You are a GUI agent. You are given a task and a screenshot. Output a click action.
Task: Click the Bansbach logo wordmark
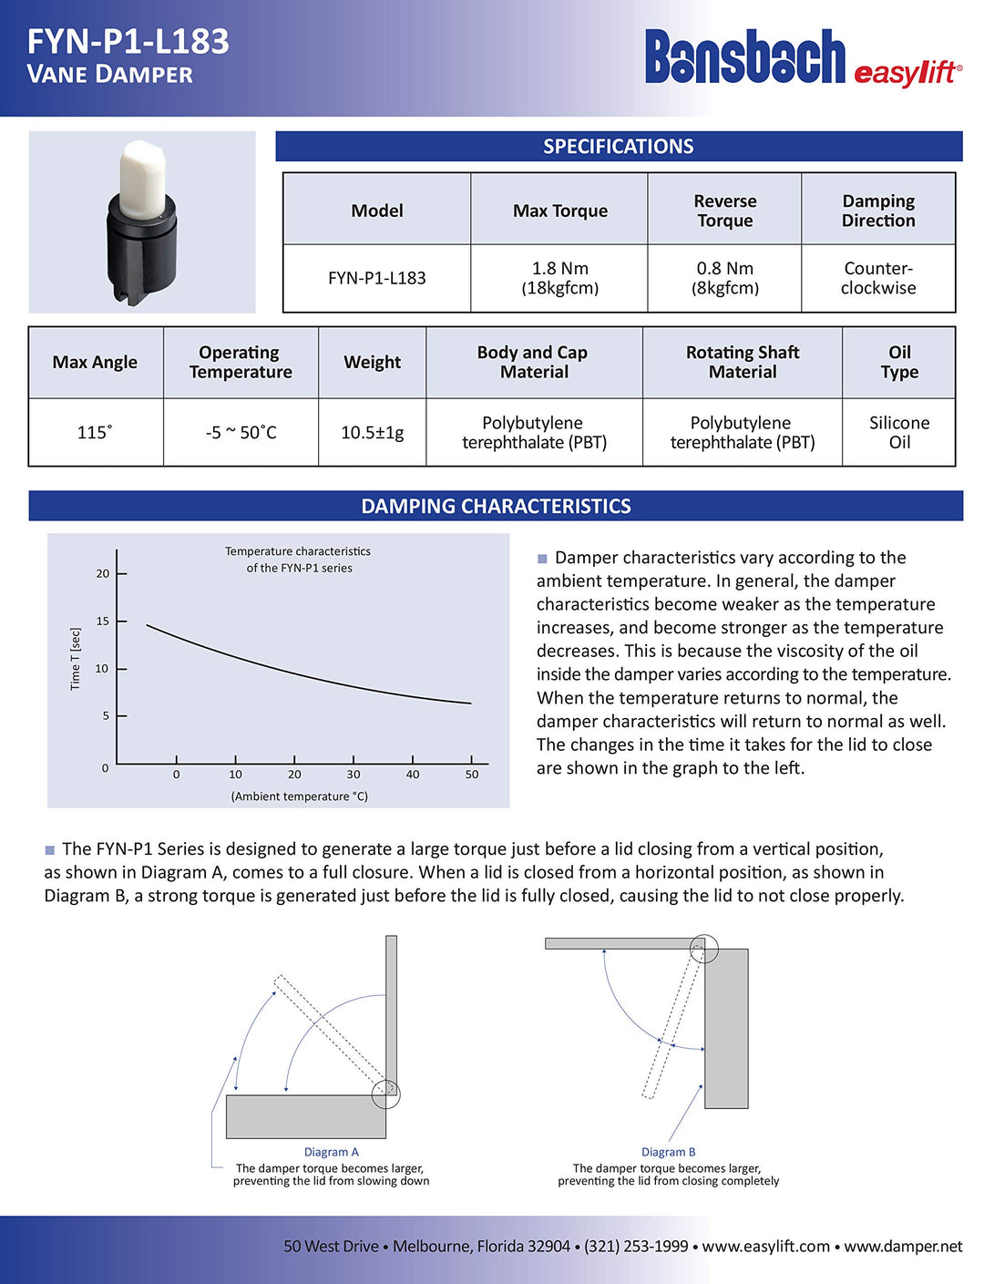pyautogui.click(x=745, y=57)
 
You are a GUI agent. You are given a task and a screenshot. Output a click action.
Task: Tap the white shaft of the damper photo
pyautogui.click(x=143, y=179)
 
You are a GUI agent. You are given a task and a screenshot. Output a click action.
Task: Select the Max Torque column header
pyautogui.click(x=559, y=211)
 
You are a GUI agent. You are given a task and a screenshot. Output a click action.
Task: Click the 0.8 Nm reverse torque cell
pyautogui.click(x=724, y=278)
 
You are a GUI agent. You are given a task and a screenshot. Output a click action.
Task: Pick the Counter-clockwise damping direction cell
pyautogui.click(x=878, y=278)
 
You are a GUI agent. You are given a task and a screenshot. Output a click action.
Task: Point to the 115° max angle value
pyautogui.click(x=95, y=432)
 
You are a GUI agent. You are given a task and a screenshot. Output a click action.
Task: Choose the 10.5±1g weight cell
pyautogui.click(x=372, y=432)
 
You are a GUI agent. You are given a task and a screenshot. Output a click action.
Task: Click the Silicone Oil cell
pyautogui.click(x=899, y=432)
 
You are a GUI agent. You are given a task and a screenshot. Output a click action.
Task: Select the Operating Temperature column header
pyautogui.click(x=241, y=362)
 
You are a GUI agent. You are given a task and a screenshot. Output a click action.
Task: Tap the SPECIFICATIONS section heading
pyautogui.click(x=618, y=146)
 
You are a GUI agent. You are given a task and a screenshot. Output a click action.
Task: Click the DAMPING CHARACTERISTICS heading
pyautogui.click(x=496, y=506)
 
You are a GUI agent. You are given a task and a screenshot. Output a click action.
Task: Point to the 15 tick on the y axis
pyautogui.click(x=103, y=621)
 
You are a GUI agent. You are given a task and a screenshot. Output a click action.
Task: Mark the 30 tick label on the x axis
pyautogui.click(x=354, y=775)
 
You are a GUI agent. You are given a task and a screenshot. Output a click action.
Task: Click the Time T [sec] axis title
pyautogui.click(x=76, y=658)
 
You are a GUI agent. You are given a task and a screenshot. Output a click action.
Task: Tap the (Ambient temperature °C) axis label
pyautogui.click(x=299, y=796)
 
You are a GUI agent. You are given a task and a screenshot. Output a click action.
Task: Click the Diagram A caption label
pyautogui.click(x=331, y=1152)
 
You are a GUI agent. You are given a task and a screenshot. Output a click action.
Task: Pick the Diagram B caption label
pyautogui.click(x=668, y=1152)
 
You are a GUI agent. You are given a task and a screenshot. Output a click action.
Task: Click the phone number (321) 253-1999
pyautogui.click(x=636, y=1246)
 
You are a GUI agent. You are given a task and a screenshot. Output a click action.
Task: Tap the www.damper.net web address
pyautogui.click(x=902, y=1246)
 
